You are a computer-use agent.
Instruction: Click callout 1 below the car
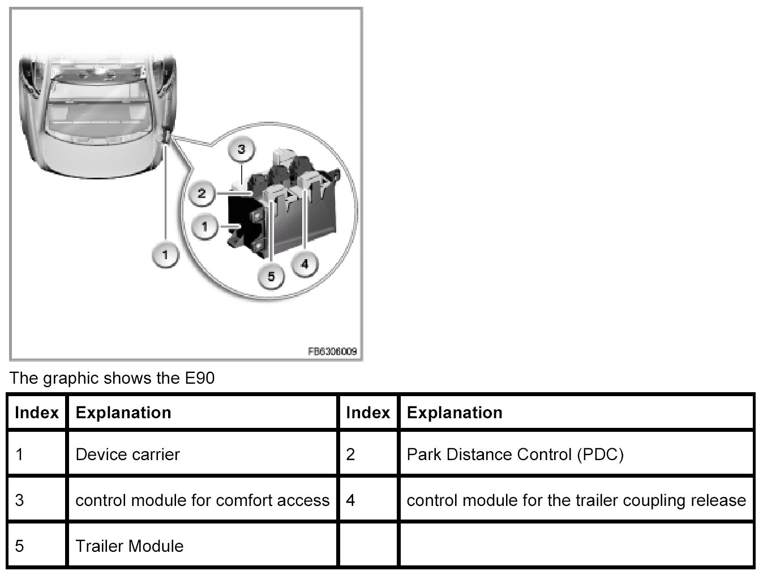pos(165,255)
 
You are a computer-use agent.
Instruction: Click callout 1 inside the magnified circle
pos(204,228)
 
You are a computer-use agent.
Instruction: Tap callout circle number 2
pos(202,194)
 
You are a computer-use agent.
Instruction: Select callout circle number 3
pos(241,149)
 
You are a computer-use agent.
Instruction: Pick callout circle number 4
pos(305,264)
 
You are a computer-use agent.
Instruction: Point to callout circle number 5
pos(271,276)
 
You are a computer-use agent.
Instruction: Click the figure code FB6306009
pos(332,351)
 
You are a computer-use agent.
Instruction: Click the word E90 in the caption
pos(199,378)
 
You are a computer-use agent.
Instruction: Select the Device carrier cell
pos(127,454)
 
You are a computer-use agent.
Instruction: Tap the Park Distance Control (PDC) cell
pos(515,454)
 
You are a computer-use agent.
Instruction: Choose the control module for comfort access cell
pos(202,500)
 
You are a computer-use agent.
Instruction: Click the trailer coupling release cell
pos(576,500)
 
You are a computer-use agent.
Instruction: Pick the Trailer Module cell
pos(130,546)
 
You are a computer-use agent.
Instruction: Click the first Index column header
pos(37,413)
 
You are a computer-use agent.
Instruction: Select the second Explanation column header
pos(455,413)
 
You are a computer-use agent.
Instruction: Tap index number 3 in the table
pos(20,500)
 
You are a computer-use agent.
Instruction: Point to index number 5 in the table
pos(20,546)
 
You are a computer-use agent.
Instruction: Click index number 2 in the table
pos(351,454)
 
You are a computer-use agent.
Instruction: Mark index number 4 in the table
pos(351,500)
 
